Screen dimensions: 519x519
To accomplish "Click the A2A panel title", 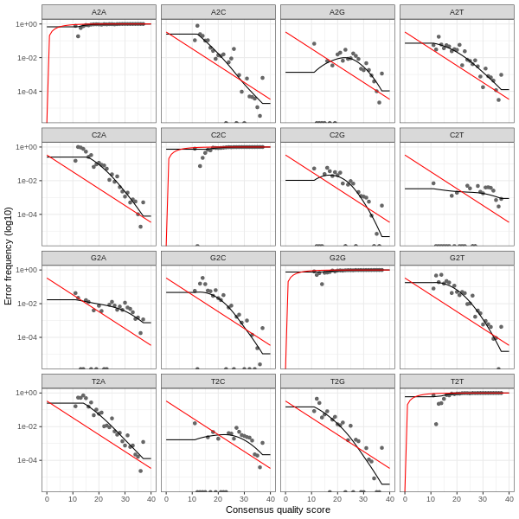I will tap(99, 11).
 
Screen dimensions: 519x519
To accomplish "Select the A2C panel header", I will tap(218, 11).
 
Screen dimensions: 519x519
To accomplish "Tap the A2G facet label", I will tap(337, 11).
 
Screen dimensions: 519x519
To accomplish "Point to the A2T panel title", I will tap(457, 11).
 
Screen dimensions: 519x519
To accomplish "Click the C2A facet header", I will tap(99, 135).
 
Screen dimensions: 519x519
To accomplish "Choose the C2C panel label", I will tap(218, 135).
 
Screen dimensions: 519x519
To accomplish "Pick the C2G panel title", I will tap(337, 135).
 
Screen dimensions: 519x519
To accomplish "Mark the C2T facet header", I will tap(457, 135).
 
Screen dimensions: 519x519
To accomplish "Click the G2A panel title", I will tap(99, 258).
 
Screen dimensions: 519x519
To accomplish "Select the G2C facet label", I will tap(218, 258).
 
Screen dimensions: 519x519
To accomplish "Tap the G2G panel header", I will tap(337, 258).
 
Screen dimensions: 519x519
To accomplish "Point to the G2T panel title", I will tap(457, 258).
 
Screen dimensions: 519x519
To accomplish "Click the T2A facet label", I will tap(99, 381).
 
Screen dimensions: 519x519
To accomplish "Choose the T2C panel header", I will tap(218, 381).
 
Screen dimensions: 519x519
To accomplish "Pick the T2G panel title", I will tap(337, 381).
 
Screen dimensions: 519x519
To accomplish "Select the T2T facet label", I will tap(457, 381).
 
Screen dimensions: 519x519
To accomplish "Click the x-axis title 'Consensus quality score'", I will tap(278, 510).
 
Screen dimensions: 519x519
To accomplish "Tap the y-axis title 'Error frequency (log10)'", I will tap(9, 255).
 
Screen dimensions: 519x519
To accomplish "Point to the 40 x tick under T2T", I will tap(509, 499).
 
